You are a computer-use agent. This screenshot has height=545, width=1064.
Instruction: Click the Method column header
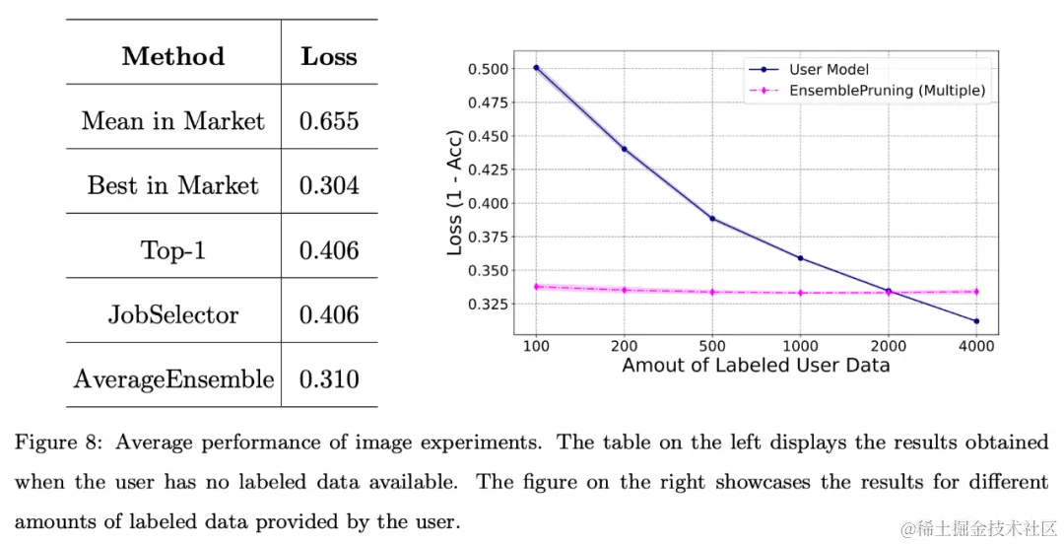click(172, 56)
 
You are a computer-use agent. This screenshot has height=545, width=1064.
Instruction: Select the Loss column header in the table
click(329, 56)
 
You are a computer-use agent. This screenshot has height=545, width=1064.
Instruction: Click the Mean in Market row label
click(172, 121)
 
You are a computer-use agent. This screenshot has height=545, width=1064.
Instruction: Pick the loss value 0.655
click(329, 121)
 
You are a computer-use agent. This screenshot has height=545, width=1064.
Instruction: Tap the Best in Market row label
click(172, 185)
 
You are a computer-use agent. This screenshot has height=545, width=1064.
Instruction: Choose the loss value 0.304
click(329, 185)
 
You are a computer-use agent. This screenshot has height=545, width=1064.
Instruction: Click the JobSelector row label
click(172, 315)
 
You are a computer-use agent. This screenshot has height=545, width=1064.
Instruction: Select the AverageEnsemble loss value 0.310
click(329, 379)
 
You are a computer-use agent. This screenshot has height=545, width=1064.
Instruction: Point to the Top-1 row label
click(172, 250)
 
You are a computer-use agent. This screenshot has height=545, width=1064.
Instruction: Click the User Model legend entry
click(829, 70)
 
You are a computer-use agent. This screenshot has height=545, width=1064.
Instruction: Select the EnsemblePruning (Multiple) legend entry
click(887, 91)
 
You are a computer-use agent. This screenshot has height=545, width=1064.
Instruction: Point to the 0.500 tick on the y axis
click(490, 69)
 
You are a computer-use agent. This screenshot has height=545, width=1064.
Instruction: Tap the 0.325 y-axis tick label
click(490, 305)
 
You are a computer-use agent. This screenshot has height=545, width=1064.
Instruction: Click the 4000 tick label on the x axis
click(976, 347)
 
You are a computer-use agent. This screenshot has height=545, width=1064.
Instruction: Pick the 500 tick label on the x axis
click(712, 347)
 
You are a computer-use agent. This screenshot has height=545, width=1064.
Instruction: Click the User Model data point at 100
click(536, 68)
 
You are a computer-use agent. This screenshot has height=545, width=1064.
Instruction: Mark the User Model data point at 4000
click(976, 321)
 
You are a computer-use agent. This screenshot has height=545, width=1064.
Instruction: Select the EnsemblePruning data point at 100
click(536, 287)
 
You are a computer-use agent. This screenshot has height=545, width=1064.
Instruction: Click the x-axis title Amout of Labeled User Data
click(756, 366)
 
